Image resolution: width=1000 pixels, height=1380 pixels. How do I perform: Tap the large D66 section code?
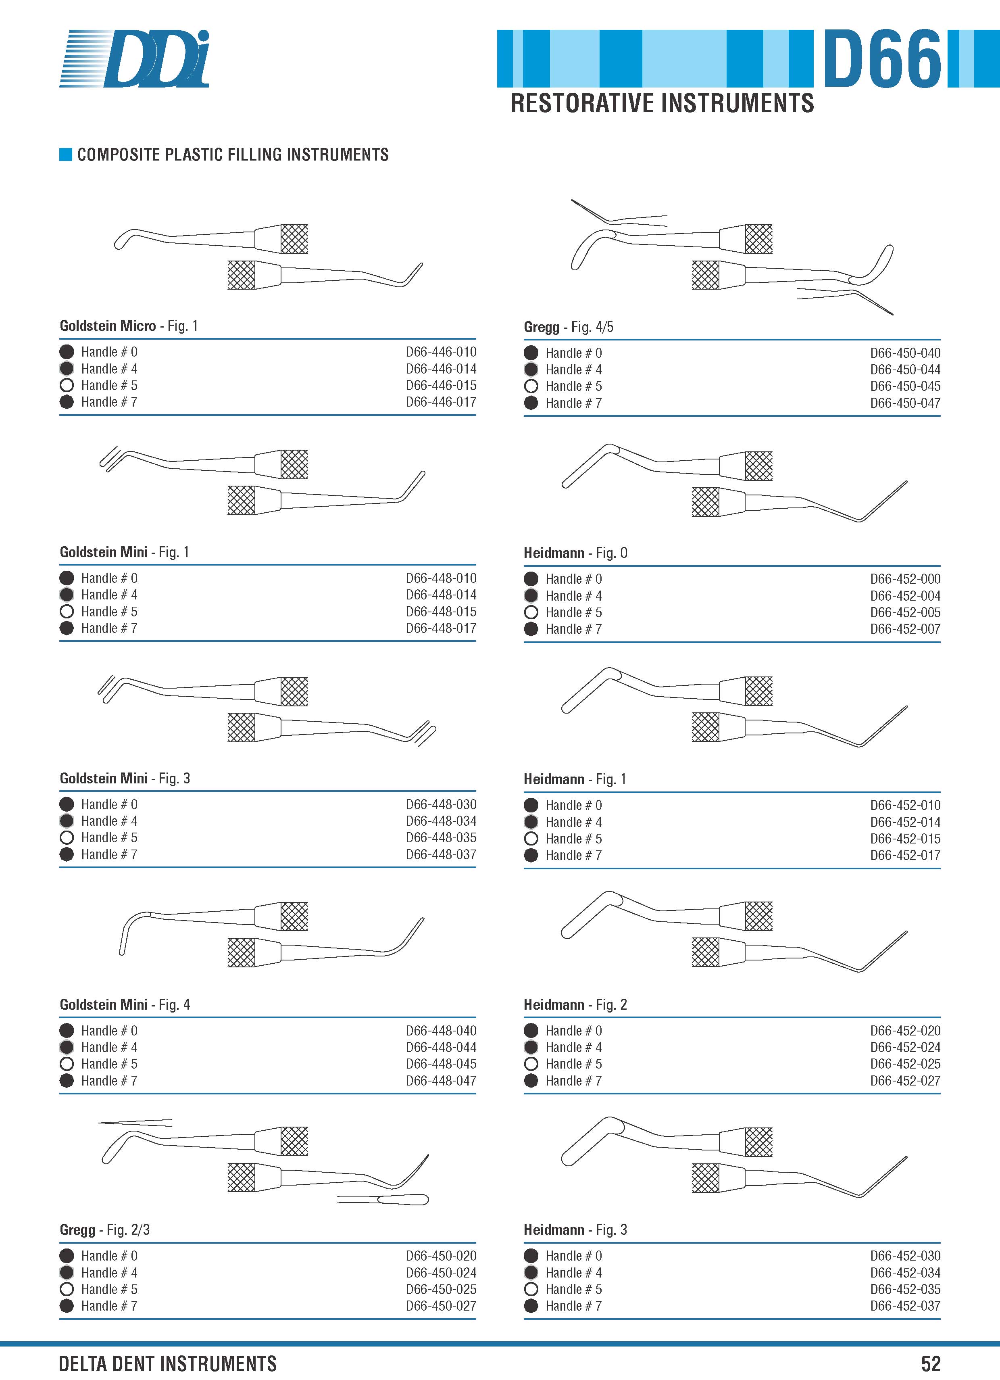[x=883, y=58]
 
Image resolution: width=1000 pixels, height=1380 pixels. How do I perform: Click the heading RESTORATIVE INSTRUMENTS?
[x=662, y=103]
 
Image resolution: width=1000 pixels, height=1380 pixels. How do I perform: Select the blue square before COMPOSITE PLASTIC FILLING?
[x=66, y=154]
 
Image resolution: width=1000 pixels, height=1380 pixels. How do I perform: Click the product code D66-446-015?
[x=441, y=385]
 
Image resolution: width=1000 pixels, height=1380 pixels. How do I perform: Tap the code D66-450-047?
[x=905, y=403]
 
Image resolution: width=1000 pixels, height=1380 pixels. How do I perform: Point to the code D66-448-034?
[x=441, y=821]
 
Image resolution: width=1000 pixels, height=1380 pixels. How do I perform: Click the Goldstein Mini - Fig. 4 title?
[x=125, y=1004]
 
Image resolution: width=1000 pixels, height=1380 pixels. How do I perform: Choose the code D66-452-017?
[x=905, y=855]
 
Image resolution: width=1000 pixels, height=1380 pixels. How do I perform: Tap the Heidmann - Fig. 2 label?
[x=575, y=1004]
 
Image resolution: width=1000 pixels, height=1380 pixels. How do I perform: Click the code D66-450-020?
[x=441, y=1256]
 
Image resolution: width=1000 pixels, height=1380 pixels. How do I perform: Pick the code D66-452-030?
[x=905, y=1256]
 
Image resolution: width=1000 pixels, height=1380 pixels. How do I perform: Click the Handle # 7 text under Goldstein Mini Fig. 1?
[x=110, y=628]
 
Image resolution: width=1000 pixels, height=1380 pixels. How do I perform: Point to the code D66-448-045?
[x=441, y=1064]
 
